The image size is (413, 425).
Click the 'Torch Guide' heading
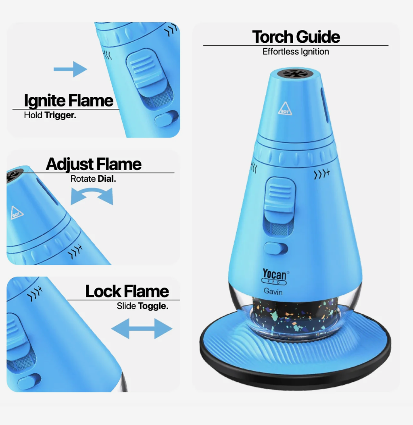[296, 37]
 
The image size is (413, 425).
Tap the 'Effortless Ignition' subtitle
[296, 52]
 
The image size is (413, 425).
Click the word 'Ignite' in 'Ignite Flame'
[44, 100]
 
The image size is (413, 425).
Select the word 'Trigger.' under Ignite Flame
[60, 115]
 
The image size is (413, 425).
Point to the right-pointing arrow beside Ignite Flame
[70, 69]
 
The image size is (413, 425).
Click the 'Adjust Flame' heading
[94, 164]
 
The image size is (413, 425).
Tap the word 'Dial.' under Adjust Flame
[106, 179]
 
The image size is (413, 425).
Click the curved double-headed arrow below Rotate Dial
[92, 197]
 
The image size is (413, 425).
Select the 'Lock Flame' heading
[127, 291]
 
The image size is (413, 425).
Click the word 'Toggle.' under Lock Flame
[153, 306]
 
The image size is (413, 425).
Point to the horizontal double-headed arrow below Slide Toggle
[142, 329]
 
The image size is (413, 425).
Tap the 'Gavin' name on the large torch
[273, 292]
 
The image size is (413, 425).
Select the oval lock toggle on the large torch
[276, 248]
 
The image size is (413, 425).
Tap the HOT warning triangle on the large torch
[285, 108]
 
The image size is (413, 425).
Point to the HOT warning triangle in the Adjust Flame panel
[17, 212]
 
